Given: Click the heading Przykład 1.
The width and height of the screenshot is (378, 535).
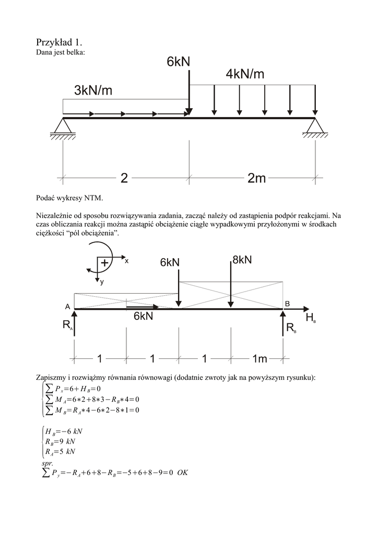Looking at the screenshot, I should (60, 42).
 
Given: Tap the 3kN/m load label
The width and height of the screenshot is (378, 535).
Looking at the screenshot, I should (93, 91).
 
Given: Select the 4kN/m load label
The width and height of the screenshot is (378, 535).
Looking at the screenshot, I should (245, 74).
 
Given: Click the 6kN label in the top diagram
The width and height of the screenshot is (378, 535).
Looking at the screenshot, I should (179, 62).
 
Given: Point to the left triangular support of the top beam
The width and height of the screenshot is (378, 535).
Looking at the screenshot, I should (63, 126).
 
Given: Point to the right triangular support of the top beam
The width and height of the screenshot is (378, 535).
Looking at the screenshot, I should (315, 126).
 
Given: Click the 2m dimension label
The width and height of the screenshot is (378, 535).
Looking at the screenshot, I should (256, 179).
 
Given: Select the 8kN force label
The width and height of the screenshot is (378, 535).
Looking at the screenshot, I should (241, 260).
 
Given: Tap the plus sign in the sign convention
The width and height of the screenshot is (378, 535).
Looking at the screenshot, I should (105, 263).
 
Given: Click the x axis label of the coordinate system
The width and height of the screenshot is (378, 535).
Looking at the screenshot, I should (126, 261).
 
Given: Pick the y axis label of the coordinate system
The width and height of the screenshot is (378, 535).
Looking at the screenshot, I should (102, 282).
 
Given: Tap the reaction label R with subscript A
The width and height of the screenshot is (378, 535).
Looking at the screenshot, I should (67, 326).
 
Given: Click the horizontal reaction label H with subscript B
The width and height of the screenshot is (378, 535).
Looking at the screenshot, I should (310, 318).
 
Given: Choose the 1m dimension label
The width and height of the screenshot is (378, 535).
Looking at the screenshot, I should (259, 358).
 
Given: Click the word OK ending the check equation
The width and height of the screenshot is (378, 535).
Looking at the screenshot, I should (182, 472).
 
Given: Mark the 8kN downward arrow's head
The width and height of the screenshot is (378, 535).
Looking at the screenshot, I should (230, 304).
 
